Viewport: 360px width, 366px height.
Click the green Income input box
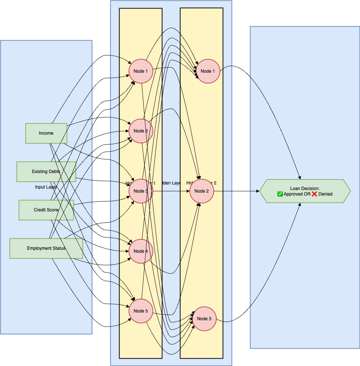pyautogui.click(x=46, y=133)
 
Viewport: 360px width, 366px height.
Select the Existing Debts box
pyautogui.click(x=46, y=172)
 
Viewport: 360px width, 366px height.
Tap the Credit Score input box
pyautogui.click(x=46, y=210)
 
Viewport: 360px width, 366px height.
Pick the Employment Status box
pyautogui.click(x=46, y=248)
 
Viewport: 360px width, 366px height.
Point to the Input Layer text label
pyautogui.click(x=46, y=187)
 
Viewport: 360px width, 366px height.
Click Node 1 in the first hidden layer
pyautogui.click(x=141, y=71)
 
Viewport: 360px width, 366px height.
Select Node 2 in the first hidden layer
pyautogui.click(x=141, y=131)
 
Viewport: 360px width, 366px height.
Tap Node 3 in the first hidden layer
pyautogui.click(x=141, y=191)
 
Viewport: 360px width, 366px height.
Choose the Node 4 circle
pyautogui.click(x=141, y=251)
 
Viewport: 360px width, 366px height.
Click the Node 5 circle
pyautogui.click(x=141, y=311)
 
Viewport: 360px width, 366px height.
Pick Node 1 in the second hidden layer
pyautogui.click(x=208, y=71)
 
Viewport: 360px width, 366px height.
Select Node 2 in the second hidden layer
pyautogui.click(x=202, y=191)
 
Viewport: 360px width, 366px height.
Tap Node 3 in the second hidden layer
pyautogui.click(x=204, y=319)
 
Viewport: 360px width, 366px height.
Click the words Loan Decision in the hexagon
pyautogui.click(x=305, y=189)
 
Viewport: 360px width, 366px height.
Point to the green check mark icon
pyautogui.click(x=280, y=194)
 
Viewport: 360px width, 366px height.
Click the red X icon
pyautogui.click(x=314, y=194)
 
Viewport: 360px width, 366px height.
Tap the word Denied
pyautogui.click(x=325, y=194)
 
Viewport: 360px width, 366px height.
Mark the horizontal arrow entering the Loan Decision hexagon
pyautogui.click(x=236, y=191)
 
